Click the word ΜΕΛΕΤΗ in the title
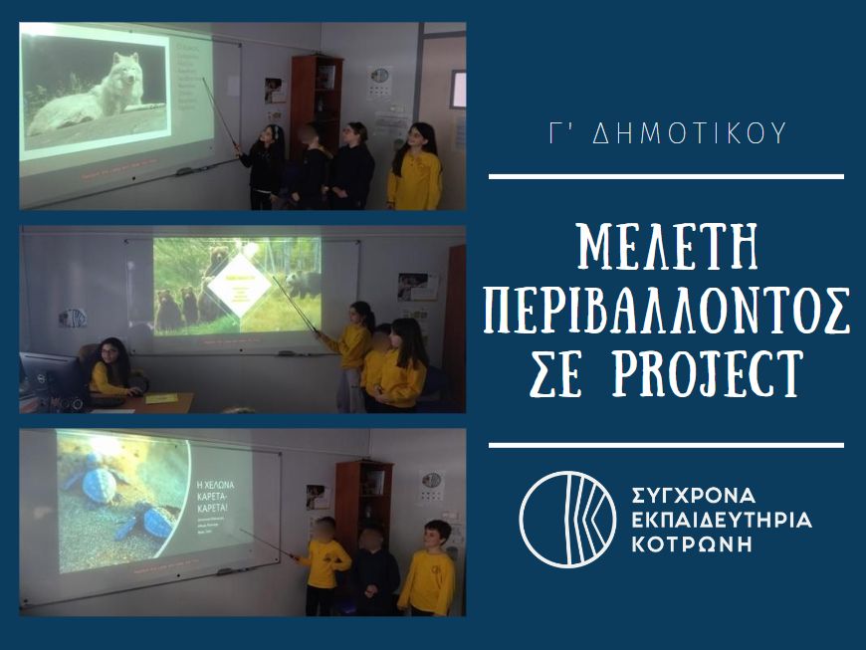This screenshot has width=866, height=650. pyautogui.click(x=667, y=248)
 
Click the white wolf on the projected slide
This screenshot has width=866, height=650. pyautogui.click(x=100, y=94)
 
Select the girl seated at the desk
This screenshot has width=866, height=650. pyautogui.click(x=108, y=367)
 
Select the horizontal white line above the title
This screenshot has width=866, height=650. pyautogui.click(x=667, y=176)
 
